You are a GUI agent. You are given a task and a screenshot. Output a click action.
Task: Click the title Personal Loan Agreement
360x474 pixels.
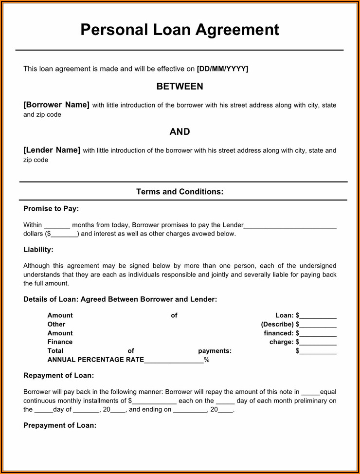click(x=180, y=30)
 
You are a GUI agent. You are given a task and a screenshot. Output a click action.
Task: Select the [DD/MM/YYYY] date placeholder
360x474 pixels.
click(x=222, y=69)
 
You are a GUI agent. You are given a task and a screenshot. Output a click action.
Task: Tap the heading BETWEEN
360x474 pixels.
click(x=180, y=87)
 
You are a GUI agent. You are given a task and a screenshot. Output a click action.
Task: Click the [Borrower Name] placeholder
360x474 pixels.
click(x=56, y=105)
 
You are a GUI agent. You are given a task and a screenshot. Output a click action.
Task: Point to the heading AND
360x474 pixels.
click(x=180, y=132)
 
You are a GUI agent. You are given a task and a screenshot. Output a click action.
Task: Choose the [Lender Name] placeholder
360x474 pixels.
click(x=52, y=150)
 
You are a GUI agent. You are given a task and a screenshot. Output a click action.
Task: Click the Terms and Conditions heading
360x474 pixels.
click(x=180, y=192)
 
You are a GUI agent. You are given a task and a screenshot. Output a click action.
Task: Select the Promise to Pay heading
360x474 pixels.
click(x=51, y=209)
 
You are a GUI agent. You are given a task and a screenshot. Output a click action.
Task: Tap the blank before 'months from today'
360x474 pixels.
click(x=57, y=226)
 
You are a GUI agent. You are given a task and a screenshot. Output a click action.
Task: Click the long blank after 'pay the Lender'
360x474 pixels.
click(x=290, y=226)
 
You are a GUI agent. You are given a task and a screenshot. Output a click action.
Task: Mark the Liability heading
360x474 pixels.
click(x=38, y=250)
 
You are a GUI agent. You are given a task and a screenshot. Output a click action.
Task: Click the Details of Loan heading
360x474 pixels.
click(x=120, y=299)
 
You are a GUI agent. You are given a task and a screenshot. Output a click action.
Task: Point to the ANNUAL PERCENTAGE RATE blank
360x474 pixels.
click(x=174, y=361)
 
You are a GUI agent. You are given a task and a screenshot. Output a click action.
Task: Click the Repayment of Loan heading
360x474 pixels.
click(x=59, y=376)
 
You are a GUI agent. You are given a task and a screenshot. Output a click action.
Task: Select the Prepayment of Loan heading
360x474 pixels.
click(x=60, y=425)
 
